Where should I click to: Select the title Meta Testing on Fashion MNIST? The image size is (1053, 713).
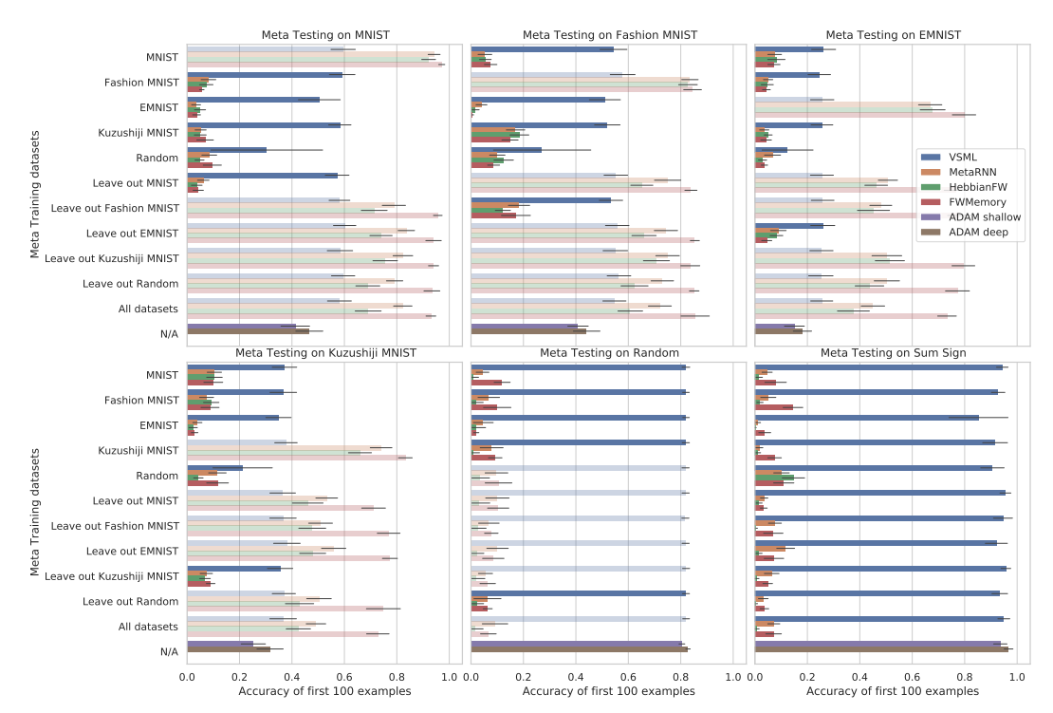point(610,35)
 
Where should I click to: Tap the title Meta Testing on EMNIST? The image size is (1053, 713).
point(894,35)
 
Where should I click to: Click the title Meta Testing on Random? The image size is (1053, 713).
point(610,353)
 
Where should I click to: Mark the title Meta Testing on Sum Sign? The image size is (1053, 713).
point(894,353)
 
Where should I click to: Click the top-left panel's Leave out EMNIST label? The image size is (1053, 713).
point(133,233)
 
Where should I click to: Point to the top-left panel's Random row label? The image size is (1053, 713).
point(157,158)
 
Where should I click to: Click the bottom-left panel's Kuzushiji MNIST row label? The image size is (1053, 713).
point(137,450)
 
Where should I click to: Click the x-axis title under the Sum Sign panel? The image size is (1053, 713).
point(893,690)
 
